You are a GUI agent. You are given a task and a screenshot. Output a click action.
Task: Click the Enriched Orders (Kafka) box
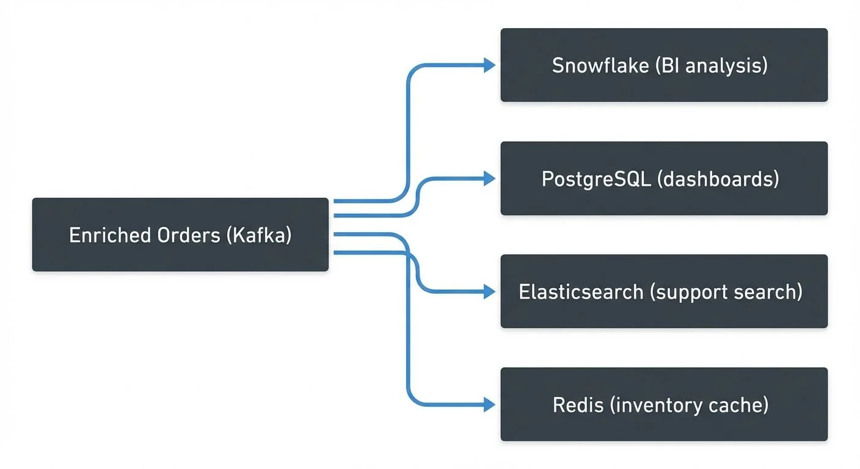pos(180,234)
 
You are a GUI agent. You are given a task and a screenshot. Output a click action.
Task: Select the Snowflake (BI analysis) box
pos(664,65)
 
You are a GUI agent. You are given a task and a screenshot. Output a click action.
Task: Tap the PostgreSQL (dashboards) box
pos(664,178)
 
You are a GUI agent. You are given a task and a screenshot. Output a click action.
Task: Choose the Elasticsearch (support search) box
pos(664,291)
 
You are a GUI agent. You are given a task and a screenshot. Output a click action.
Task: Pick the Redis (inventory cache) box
pos(664,404)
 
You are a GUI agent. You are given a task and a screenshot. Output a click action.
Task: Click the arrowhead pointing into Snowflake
pos(489,65)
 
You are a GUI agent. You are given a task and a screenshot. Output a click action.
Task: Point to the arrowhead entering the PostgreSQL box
pos(489,178)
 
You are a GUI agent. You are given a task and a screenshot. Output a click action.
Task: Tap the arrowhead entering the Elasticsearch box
pos(489,292)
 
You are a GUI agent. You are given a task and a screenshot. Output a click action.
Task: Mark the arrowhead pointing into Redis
pos(489,404)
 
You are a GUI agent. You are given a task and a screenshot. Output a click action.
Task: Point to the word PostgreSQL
pos(596,179)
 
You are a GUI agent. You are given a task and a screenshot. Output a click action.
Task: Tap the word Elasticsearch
pos(581,292)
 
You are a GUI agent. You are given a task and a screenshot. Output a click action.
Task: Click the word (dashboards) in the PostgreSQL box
pos(718,179)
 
